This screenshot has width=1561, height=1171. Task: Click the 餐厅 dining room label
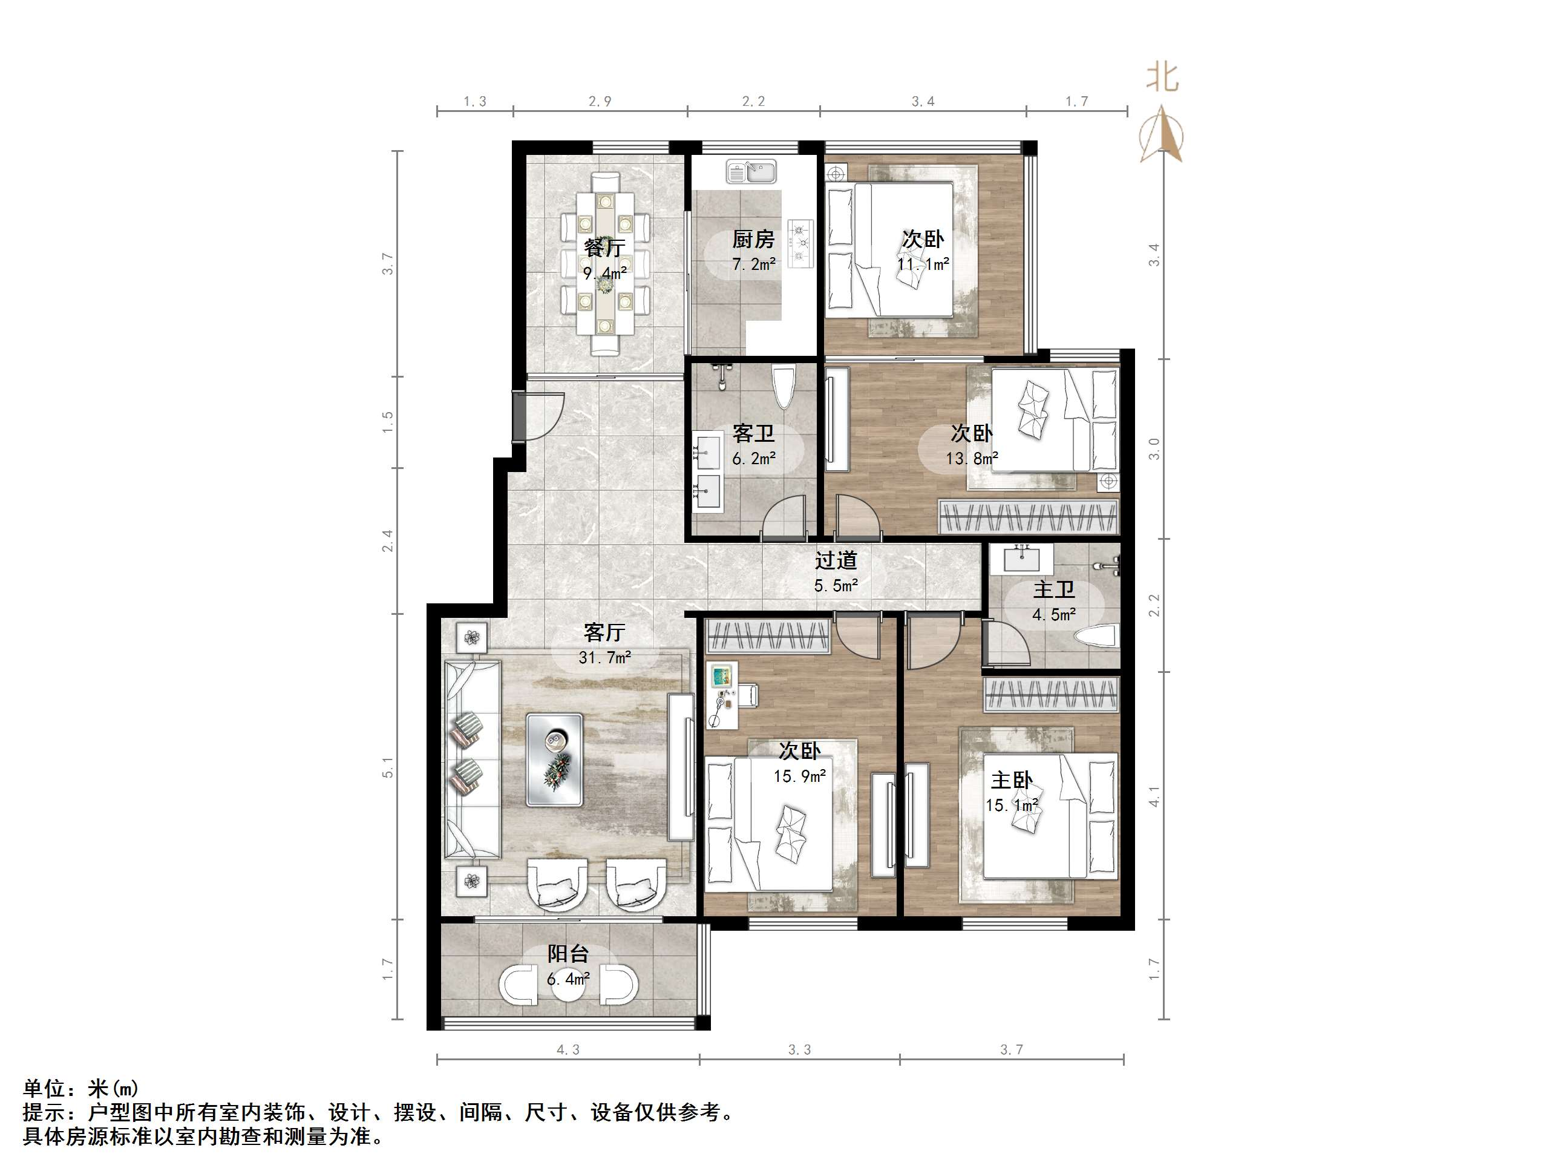(x=604, y=248)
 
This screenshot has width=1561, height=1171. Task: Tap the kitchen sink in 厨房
(x=751, y=171)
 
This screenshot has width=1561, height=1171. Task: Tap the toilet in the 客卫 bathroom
(x=784, y=387)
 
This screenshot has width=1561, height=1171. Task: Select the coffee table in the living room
(x=555, y=759)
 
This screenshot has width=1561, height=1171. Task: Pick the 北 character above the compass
(x=1162, y=76)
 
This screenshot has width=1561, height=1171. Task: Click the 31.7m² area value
(x=604, y=658)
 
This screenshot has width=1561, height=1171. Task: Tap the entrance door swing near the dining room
(x=540, y=416)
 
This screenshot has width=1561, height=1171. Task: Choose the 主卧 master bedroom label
(x=1011, y=780)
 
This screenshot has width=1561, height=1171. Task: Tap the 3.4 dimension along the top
(x=922, y=102)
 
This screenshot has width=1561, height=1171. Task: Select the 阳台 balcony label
(x=568, y=954)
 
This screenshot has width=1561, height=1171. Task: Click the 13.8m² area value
(x=972, y=459)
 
